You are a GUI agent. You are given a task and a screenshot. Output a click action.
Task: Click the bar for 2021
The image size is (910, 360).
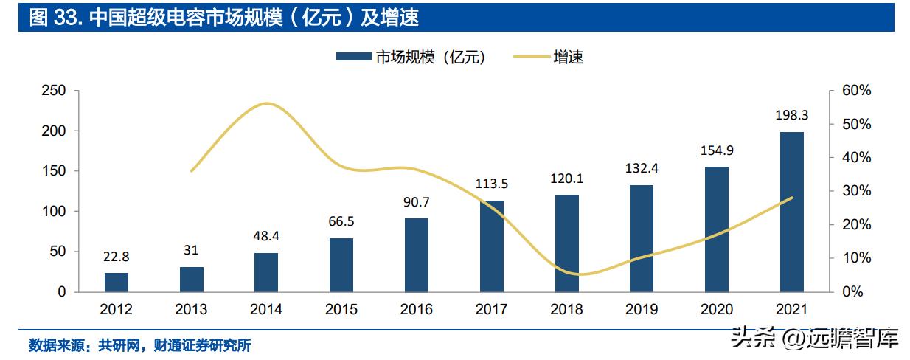(791, 212)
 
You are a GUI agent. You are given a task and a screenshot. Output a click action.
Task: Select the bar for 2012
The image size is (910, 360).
(117, 283)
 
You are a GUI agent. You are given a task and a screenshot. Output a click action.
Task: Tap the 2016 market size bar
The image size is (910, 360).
(417, 255)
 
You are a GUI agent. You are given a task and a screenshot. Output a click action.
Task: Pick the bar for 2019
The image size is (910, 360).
(642, 238)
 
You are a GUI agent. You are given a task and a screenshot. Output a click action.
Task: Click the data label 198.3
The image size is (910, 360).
(791, 116)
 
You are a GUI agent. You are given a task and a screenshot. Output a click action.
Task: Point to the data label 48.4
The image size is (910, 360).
(266, 236)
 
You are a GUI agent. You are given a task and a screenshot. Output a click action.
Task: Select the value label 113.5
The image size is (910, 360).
(491, 184)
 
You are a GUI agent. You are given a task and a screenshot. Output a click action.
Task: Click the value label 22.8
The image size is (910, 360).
(117, 257)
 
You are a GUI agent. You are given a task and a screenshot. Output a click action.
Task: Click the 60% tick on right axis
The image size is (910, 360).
(857, 91)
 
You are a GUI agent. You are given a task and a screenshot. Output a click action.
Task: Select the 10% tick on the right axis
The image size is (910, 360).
(857, 258)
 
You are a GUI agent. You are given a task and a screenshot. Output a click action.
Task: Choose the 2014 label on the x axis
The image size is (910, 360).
(266, 309)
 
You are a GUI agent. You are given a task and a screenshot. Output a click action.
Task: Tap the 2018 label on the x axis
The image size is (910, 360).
(566, 309)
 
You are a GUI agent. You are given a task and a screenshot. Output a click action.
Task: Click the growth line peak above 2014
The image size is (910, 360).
(266, 103)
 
